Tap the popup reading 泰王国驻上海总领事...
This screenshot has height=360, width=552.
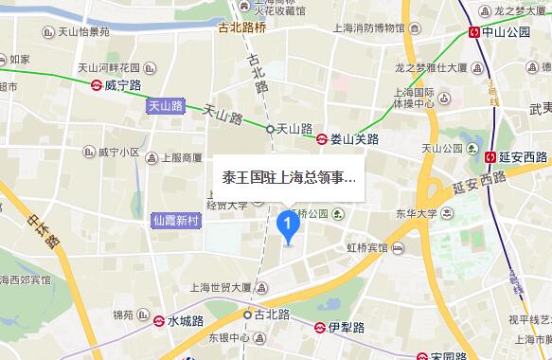tap(288, 176)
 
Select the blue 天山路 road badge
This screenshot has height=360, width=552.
tap(166, 107)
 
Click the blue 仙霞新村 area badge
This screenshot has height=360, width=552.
tap(177, 220)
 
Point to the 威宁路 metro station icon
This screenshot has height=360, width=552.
tap(97, 83)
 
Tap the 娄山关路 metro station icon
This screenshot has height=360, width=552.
tap(323, 138)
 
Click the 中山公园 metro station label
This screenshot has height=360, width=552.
tap(506, 31)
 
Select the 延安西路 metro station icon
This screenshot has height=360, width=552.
tap(490, 156)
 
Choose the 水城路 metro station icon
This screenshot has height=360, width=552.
tap(159, 321)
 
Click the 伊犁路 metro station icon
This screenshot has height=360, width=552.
tap(321, 327)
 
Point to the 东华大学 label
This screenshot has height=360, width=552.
tap(416, 213)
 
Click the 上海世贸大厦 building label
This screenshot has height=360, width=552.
tap(221, 285)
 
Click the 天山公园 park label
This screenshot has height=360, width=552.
tap(440, 148)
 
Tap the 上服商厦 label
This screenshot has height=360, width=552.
tap(181, 157)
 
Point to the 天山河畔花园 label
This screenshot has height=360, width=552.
tap(109, 68)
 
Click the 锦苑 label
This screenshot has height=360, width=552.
tap(122, 315)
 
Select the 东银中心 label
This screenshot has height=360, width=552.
tap(228, 337)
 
